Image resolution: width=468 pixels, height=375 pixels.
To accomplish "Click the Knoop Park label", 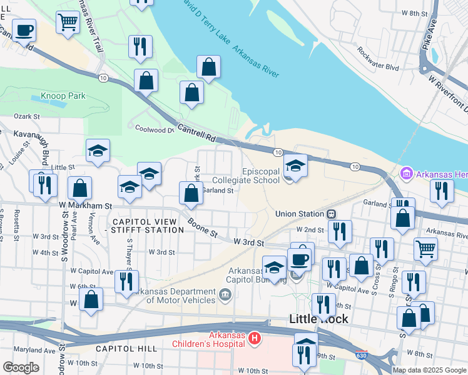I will click(63, 96).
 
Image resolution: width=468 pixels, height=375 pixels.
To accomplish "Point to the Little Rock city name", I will click(318, 319).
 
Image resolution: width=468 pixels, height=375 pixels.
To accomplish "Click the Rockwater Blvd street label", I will click(378, 59).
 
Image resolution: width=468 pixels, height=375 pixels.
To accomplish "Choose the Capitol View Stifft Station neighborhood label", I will click(148, 226).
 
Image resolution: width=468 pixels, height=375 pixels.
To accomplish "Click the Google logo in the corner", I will click(21, 367).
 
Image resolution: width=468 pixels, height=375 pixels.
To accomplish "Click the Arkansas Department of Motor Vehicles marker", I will click(225, 294).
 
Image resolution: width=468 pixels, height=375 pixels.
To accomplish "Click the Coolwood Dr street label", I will click(154, 129).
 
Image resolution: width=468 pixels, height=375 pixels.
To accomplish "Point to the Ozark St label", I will click(27, 116).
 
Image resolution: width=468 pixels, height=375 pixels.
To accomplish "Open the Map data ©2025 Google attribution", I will click(429, 370).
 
